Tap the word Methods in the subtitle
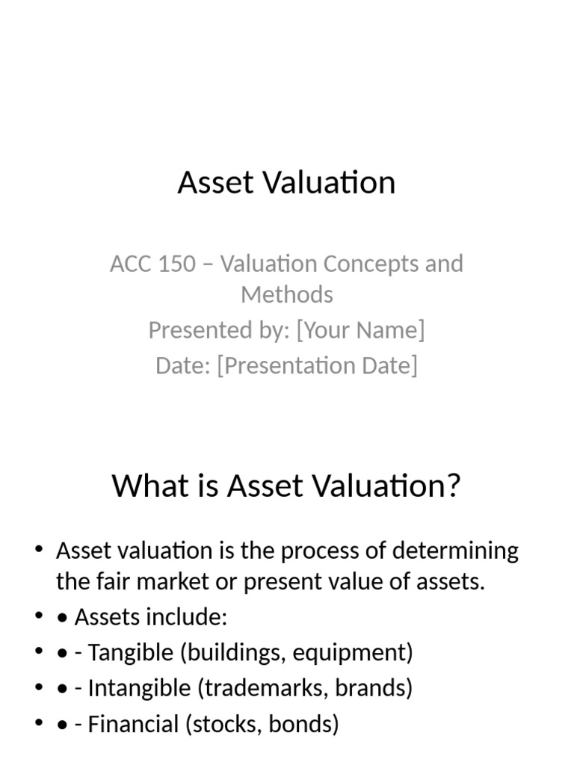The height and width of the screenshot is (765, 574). pos(287,294)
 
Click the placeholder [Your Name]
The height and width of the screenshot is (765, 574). pos(360,329)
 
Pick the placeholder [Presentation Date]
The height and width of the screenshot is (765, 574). pos(318,365)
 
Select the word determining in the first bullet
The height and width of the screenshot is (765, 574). pos(459,551)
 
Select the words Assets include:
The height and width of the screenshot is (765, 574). pos(150,617)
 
